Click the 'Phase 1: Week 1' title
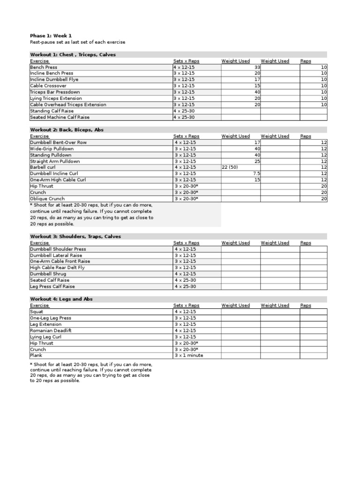click(x=51, y=36)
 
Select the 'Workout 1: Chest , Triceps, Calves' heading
click(x=73, y=55)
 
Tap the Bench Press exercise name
click(x=44, y=67)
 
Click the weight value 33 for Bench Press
click(x=257, y=67)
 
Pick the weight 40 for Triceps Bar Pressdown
click(x=257, y=92)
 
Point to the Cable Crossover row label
click(x=48, y=86)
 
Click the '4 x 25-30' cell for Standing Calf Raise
click(x=185, y=111)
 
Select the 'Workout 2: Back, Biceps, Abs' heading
click(x=67, y=130)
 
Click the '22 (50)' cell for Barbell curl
click(x=230, y=167)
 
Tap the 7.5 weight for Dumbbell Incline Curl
click(x=256, y=173)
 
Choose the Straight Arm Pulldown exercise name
click(x=55, y=161)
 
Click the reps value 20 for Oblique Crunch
click(x=324, y=199)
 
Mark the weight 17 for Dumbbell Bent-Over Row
click(x=257, y=142)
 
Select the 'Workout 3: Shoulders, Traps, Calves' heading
click(x=75, y=237)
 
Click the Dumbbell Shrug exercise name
click(x=48, y=274)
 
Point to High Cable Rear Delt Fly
click(x=57, y=268)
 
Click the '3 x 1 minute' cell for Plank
click(x=188, y=355)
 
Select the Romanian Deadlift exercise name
click(x=51, y=330)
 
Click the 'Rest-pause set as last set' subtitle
click(x=77, y=42)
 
